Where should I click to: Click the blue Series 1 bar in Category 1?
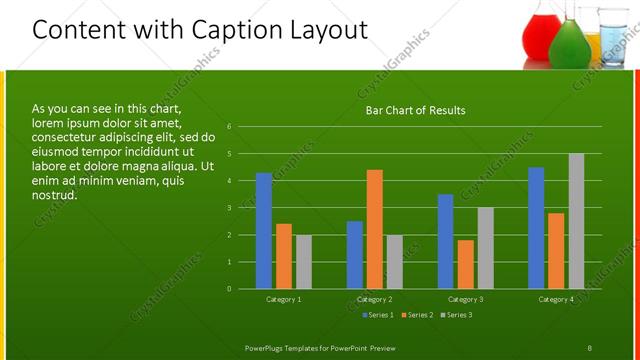[x=264, y=231]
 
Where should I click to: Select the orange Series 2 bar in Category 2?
[x=375, y=229]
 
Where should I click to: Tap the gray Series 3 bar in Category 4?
[x=576, y=221]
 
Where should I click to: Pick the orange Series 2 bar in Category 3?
[x=466, y=264]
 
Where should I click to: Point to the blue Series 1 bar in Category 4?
[x=536, y=228]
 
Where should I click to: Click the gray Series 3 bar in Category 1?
[x=303, y=262]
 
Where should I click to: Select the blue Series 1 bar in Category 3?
[x=446, y=241]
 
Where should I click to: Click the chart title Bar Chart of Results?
[x=414, y=110]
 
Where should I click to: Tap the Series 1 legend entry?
[x=376, y=316]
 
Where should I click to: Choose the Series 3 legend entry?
[x=456, y=316]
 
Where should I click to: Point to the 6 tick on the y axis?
[x=230, y=127]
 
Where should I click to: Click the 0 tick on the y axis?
[x=230, y=289]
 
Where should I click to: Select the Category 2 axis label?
[x=375, y=300]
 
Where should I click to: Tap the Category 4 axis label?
[x=556, y=300]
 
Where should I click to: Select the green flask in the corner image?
[x=568, y=42]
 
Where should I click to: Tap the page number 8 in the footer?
[x=590, y=348]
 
